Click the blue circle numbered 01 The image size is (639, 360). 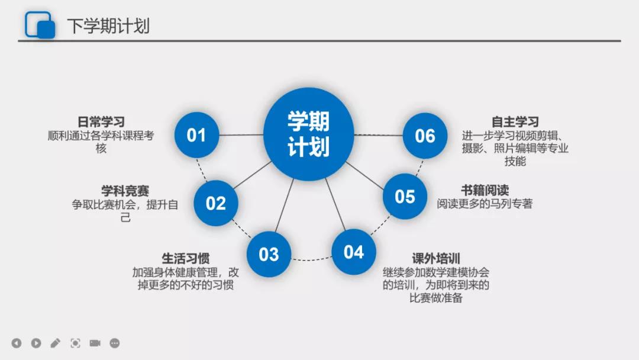point(196,135)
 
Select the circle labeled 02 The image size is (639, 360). point(215,203)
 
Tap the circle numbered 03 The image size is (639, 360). point(269,254)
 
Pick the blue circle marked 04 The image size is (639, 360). point(353,252)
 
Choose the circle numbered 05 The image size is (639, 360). point(405,196)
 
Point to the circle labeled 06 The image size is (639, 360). point(425,136)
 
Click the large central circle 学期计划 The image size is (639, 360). point(308,134)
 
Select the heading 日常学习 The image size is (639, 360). point(101,121)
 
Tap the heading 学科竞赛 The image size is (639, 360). point(125,191)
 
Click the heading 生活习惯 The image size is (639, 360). point(185,258)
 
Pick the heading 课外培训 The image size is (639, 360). point(435,258)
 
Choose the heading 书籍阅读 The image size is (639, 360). point(485,190)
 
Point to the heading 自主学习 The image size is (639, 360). point(515,121)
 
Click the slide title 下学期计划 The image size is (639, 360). point(108,25)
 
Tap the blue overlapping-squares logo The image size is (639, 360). point(40,25)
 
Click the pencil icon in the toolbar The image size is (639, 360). point(56,343)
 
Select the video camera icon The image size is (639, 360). point(95,343)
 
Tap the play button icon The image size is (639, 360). point(36,343)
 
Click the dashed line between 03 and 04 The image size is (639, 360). point(311,259)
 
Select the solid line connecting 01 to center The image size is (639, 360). point(241,134)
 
